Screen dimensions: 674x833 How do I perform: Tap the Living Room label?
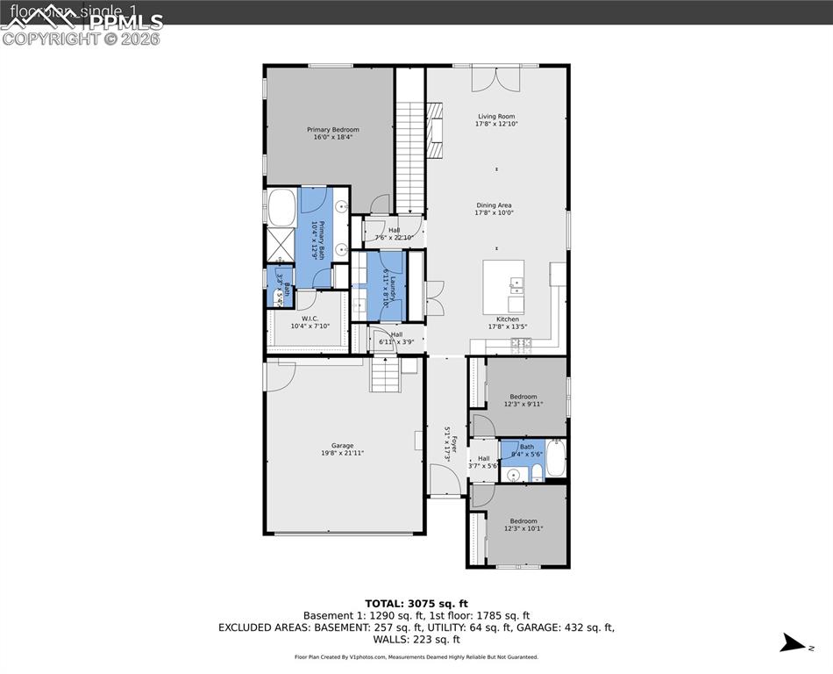tap(496, 116)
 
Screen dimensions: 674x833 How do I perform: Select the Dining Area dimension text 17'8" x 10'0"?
tap(494, 212)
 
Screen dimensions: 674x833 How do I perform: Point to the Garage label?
tap(342, 445)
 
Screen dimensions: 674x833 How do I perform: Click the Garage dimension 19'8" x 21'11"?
tap(342, 453)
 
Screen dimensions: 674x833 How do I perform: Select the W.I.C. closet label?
tap(309, 319)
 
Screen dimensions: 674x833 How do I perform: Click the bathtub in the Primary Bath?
tap(281, 209)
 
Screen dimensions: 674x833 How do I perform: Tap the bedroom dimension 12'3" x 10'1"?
tap(523, 528)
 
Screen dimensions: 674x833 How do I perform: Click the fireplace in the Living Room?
tap(436, 130)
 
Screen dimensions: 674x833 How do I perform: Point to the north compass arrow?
tap(792, 643)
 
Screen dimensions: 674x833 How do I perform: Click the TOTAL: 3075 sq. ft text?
tap(416, 603)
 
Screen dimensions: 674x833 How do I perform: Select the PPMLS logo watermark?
tap(83, 25)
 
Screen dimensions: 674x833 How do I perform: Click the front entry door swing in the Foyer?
tap(444, 480)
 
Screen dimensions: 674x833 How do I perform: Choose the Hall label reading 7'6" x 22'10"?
tap(394, 233)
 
